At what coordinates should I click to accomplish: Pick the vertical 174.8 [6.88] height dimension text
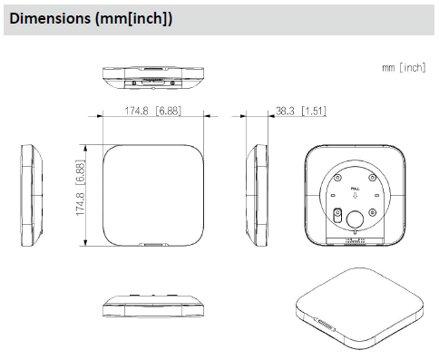pyautogui.click(x=80, y=192)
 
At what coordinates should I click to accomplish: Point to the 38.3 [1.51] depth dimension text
pyautogui.click(x=299, y=112)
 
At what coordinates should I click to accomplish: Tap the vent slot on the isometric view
pyautogui.click(x=324, y=323)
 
